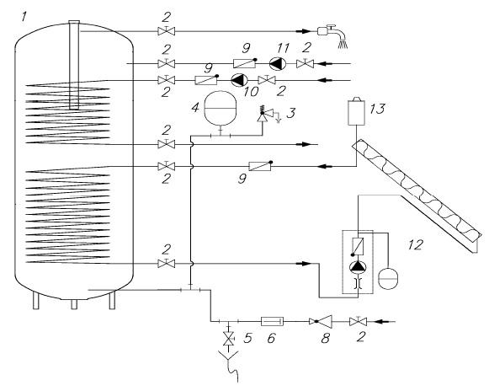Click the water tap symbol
click(332, 35)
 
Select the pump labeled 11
click(278, 64)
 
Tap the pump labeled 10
click(239, 80)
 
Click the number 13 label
click(377, 109)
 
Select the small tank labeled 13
click(357, 111)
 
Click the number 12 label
click(416, 245)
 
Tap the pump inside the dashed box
click(358, 266)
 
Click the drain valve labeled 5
click(229, 338)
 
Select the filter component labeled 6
click(272, 321)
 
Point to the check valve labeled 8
click(321, 321)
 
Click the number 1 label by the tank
click(24, 16)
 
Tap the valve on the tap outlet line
click(167, 30)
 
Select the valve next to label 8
click(358, 321)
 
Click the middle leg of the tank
click(74, 304)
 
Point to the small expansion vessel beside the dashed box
click(388, 277)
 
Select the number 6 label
click(271, 338)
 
